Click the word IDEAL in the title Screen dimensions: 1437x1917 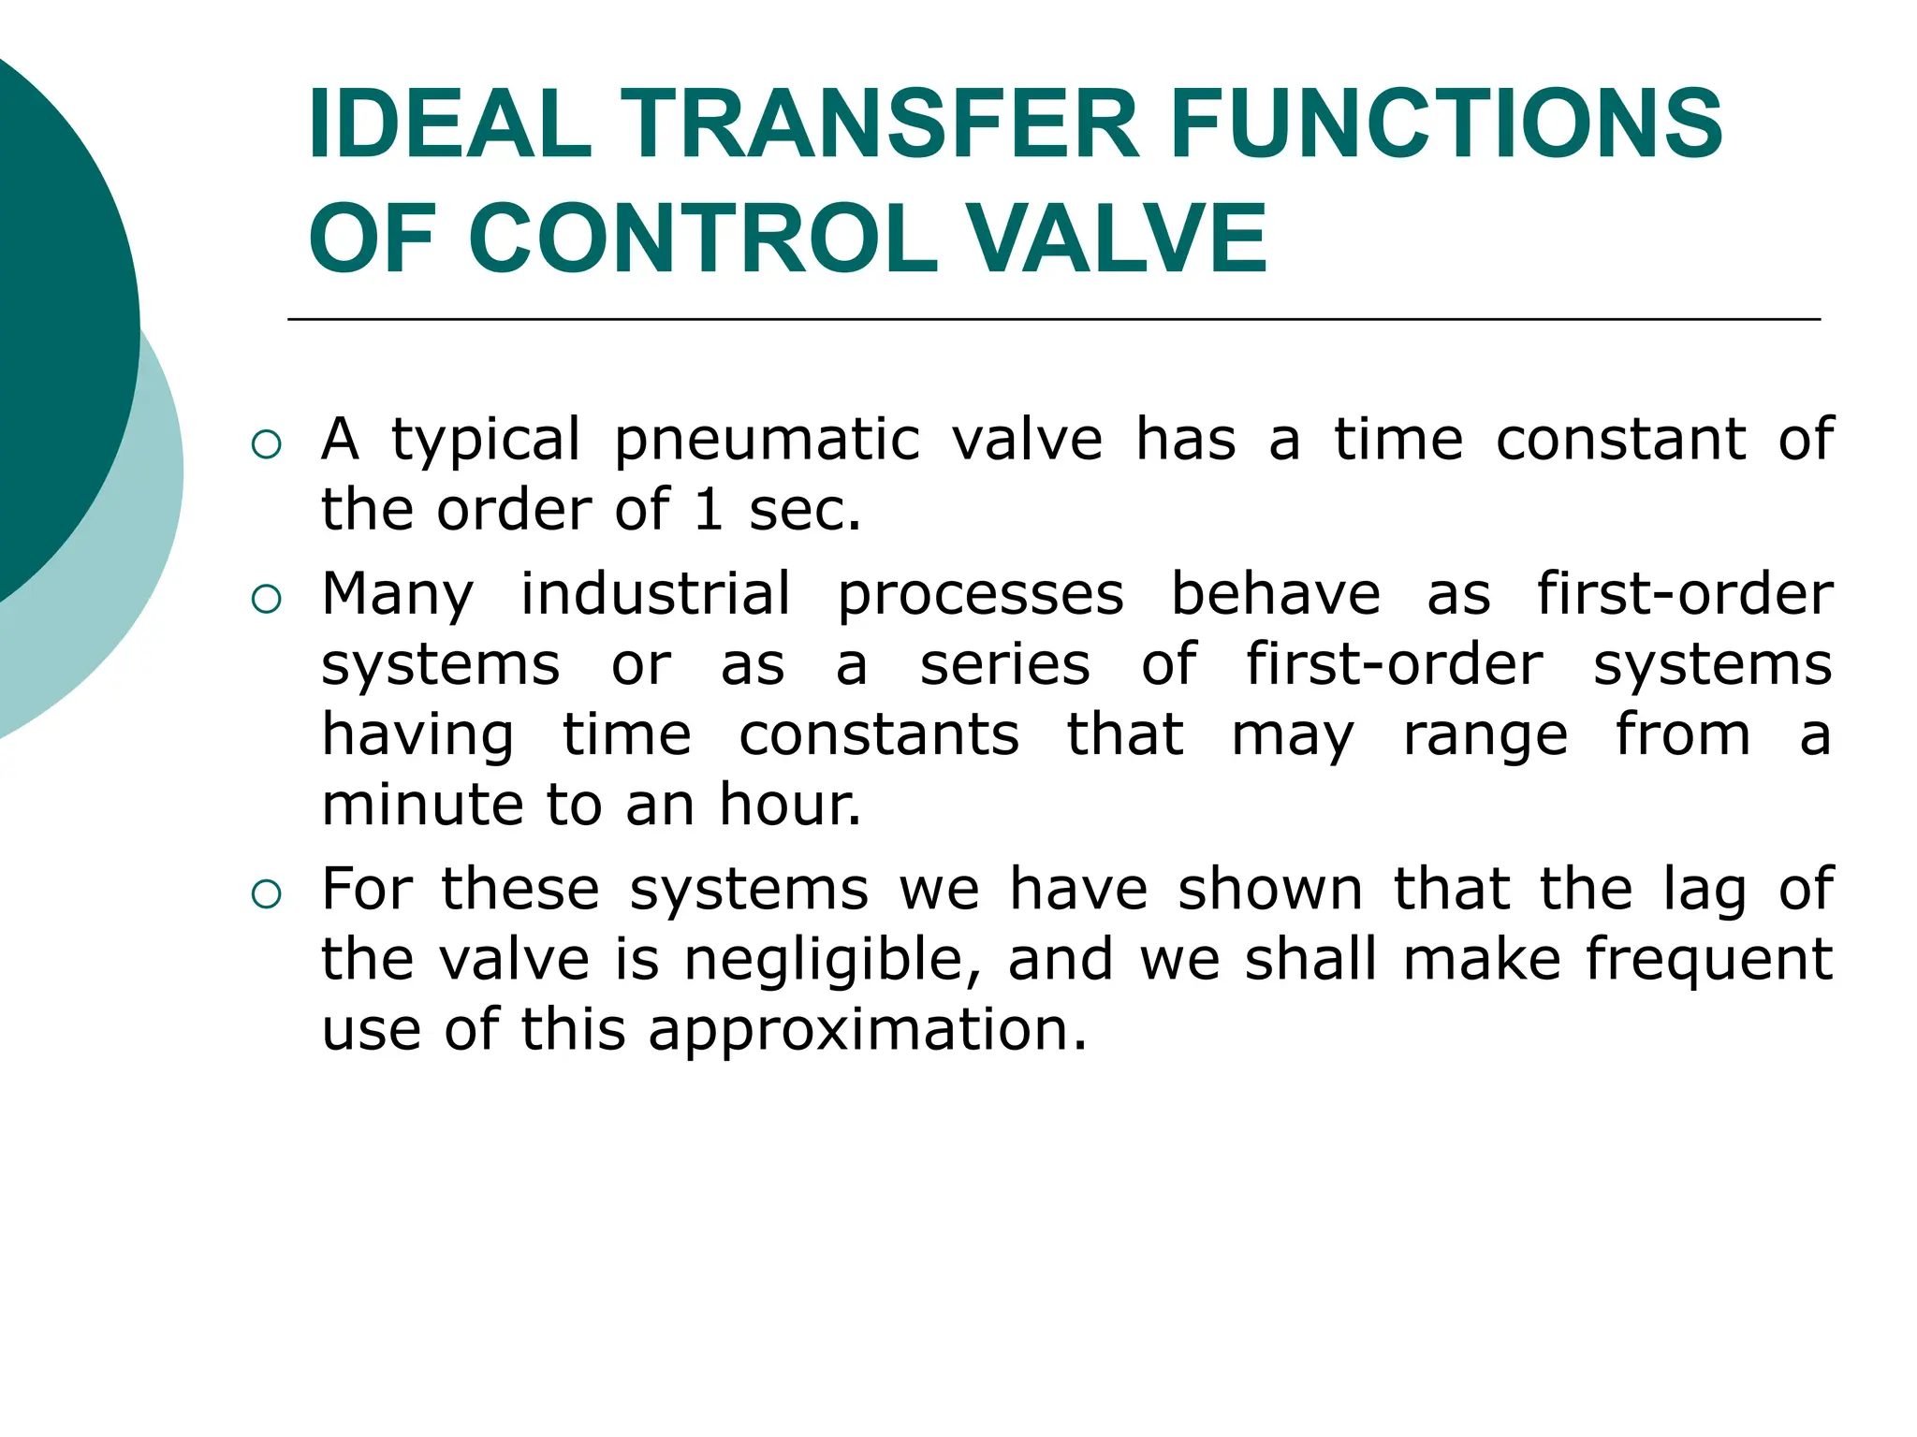pos(449,123)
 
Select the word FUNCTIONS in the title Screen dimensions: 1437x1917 pos(1445,123)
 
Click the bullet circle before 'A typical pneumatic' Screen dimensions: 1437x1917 pos(267,444)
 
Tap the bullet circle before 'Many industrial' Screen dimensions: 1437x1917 pos(267,599)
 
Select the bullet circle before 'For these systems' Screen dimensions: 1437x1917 pos(267,894)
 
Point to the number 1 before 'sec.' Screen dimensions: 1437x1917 pos(709,511)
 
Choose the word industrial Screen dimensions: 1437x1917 pos(655,595)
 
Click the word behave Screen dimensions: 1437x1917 pos(1276,595)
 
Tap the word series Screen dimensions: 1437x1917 pos(1004,665)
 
